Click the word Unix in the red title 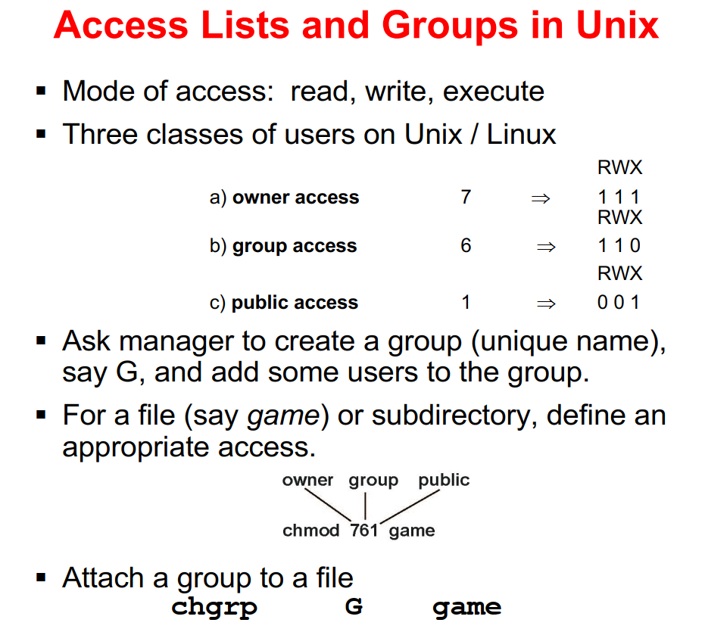coord(617,25)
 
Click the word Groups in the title coord(450,26)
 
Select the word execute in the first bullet coord(493,92)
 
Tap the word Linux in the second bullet coord(522,134)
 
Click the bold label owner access coord(296,198)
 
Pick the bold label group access coord(295,246)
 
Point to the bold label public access coord(295,303)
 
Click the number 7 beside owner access coord(466,197)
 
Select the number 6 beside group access coord(466,245)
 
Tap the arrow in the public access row coord(546,304)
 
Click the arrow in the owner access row coord(541,198)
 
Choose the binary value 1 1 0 coord(619,246)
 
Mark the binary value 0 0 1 coord(618,303)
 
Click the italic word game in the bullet coord(284,416)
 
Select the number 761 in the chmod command coord(364,531)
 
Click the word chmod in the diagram coord(310,531)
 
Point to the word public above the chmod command coord(444,481)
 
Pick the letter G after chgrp coord(354,606)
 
